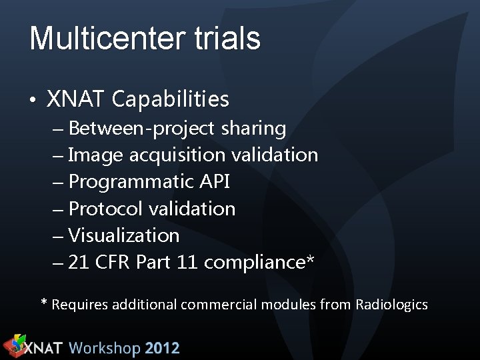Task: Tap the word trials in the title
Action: (x=229, y=39)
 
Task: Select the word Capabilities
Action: (x=170, y=100)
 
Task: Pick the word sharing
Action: (x=253, y=128)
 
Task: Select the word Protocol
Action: (x=106, y=209)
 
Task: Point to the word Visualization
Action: (x=124, y=236)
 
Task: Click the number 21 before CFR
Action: (x=79, y=263)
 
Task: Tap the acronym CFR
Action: (x=113, y=263)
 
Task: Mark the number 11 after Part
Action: (x=187, y=263)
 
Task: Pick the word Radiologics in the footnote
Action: (x=391, y=305)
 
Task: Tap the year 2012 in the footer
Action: (x=162, y=348)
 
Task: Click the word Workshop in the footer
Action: (x=105, y=348)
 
